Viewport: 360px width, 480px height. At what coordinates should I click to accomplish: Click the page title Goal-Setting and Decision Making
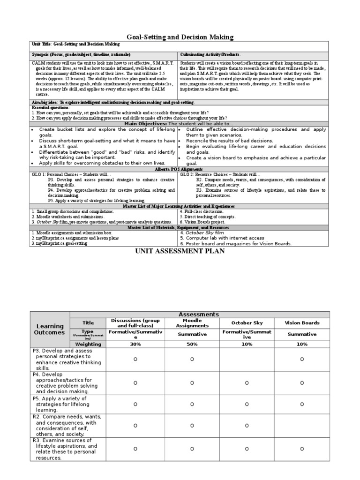point(180,37)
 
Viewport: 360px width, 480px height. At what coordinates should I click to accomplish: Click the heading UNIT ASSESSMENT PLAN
point(180,251)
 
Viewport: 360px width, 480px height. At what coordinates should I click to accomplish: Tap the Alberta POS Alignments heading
point(180,169)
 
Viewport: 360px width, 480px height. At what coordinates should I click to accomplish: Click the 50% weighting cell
point(192,344)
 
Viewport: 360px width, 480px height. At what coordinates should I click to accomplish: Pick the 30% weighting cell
point(135,344)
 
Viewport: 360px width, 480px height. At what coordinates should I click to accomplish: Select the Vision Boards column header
point(302,323)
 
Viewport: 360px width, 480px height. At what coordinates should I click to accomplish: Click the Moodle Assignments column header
point(192,323)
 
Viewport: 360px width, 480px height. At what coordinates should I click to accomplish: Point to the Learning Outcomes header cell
point(50,329)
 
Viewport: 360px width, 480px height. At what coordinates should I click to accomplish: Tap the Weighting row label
point(88,344)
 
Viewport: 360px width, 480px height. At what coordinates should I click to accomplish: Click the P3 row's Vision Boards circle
point(302,360)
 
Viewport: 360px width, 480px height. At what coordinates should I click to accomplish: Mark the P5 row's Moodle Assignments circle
point(192,404)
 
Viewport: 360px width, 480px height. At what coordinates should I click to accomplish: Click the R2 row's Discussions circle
point(135,426)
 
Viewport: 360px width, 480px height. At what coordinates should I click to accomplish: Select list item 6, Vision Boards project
point(205,222)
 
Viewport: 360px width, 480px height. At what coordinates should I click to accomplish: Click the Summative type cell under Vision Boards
point(302,334)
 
